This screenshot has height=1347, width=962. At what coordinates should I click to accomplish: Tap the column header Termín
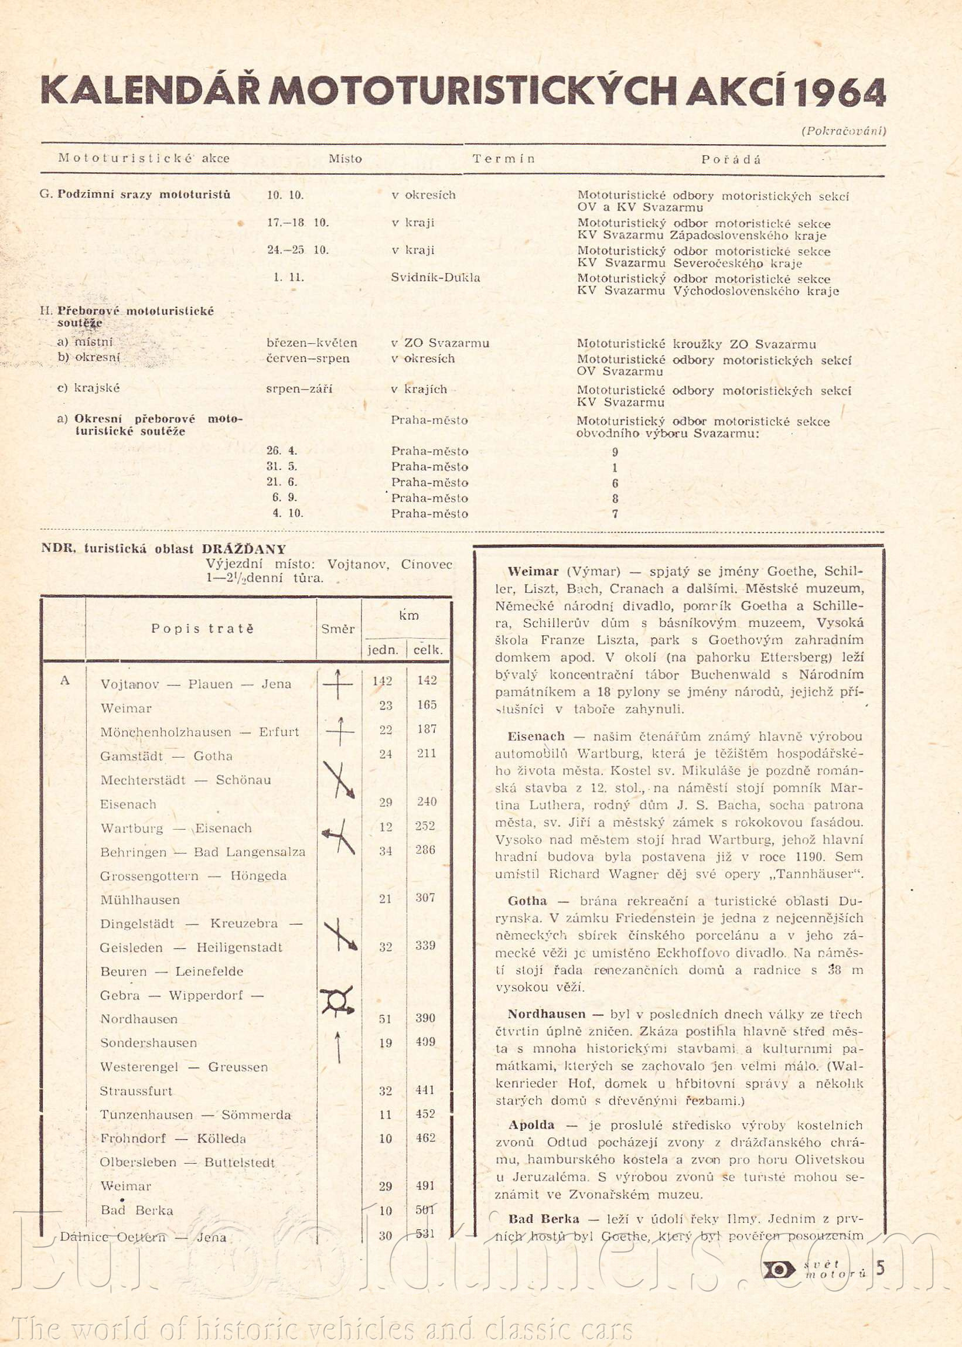pyautogui.click(x=503, y=159)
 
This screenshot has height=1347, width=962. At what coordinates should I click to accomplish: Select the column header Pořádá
pyautogui.click(x=731, y=159)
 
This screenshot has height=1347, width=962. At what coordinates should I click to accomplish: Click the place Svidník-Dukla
pyautogui.click(x=435, y=278)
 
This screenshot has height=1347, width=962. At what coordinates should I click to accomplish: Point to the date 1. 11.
pyautogui.click(x=285, y=277)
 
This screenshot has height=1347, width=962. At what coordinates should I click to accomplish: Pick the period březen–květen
pyautogui.click(x=312, y=343)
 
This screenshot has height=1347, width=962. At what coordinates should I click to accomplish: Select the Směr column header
pyautogui.click(x=337, y=629)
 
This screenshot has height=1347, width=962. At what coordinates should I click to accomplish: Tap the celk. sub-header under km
pyautogui.click(x=428, y=650)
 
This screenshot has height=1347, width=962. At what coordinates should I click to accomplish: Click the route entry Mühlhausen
pyautogui.click(x=140, y=900)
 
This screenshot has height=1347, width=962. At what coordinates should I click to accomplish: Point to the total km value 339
pyautogui.click(x=425, y=946)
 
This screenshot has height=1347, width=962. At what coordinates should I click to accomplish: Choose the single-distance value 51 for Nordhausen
pyautogui.click(x=386, y=1018)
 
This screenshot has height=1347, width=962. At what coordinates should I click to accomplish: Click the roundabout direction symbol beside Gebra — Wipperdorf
pyautogui.click(x=337, y=1001)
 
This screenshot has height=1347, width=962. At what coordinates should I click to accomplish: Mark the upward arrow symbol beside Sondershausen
pyautogui.click(x=338, y=1046)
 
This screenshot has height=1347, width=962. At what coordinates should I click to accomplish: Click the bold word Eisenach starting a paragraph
pyautogui.click(x=535, y=736)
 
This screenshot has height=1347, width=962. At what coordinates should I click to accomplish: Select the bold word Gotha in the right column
pyautogui.click(x=527, y=901)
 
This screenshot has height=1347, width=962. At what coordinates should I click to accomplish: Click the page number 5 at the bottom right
pyautogui.click(x=880, y=1268)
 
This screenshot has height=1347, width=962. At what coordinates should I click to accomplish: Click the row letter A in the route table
pyautogui.click(x=65, y=681)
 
